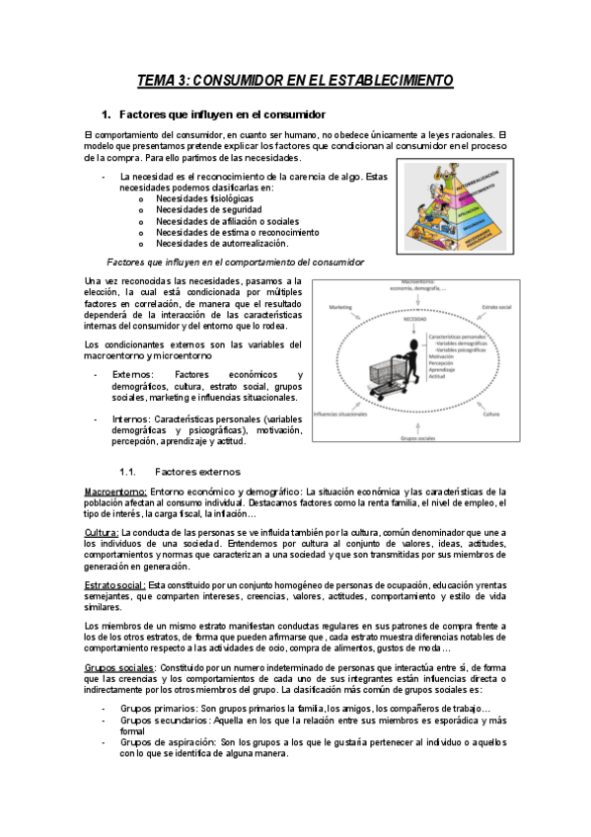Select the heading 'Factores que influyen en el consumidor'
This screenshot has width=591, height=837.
(221, 114)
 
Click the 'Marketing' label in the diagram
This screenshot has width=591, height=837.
(340, 307)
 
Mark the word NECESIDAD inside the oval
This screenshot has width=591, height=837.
(413, 319)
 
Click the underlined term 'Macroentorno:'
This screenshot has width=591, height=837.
(116, 492)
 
